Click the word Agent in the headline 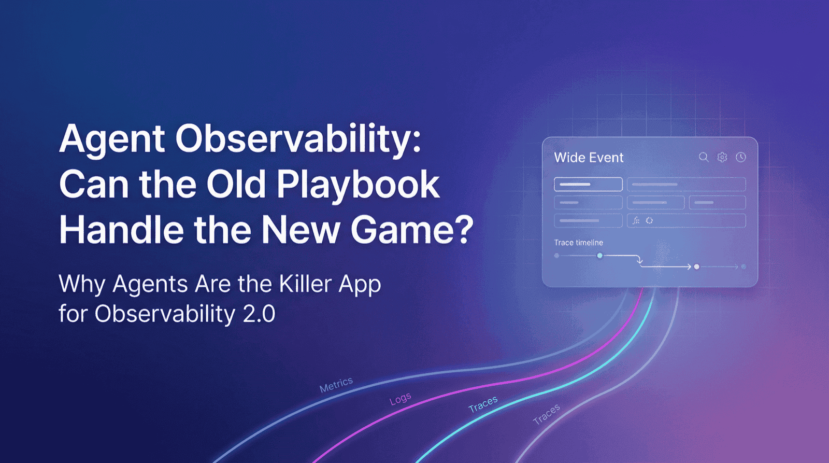tap(112, 139)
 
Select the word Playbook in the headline tap(358, 185)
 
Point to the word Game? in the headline tap(412, 230)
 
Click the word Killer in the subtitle tap(305, 284)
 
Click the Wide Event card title tap(589, 158)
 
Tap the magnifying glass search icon tap(703, 157)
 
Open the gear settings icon tap(722, 157)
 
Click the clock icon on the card tap(741, 157)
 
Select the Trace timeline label tap(578, 243)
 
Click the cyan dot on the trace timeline tap(599, 256)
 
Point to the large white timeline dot tap(697, 266)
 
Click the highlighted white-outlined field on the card tap(588, 184)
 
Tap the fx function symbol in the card tap(636, 221)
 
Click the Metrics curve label tap(336, 385)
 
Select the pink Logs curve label tap(400, 399)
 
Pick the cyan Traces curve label tap(483, 404)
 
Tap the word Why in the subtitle tap(81, 284)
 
